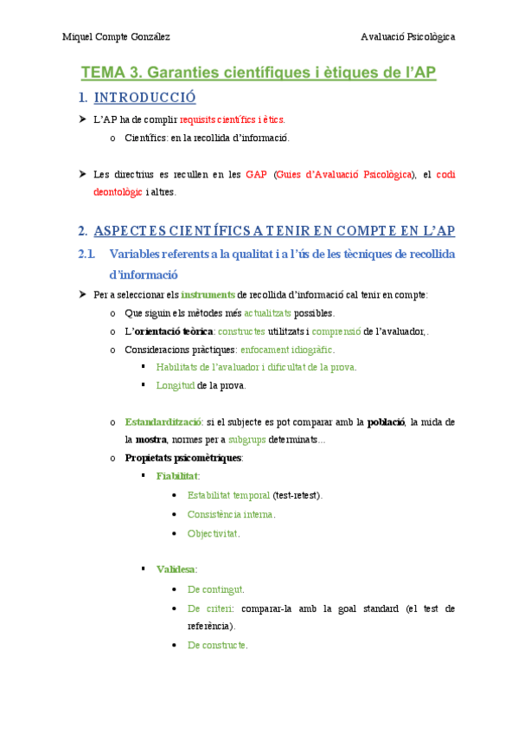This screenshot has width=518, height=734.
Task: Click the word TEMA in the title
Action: (103, 73)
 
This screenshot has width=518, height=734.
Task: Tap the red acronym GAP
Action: (256, 174)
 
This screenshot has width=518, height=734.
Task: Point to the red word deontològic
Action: (118, 192)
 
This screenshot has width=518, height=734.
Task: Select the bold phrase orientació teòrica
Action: (176, 331)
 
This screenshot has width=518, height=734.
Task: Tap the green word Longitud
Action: (176, 385)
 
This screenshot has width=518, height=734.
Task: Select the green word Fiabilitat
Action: (177, 476)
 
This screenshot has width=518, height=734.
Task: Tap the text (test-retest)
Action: (297, 495)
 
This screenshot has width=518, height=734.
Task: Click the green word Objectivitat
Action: (213, 533)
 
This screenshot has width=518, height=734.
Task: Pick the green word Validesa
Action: (176, 569)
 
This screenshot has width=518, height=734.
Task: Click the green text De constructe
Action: (217, 645)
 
